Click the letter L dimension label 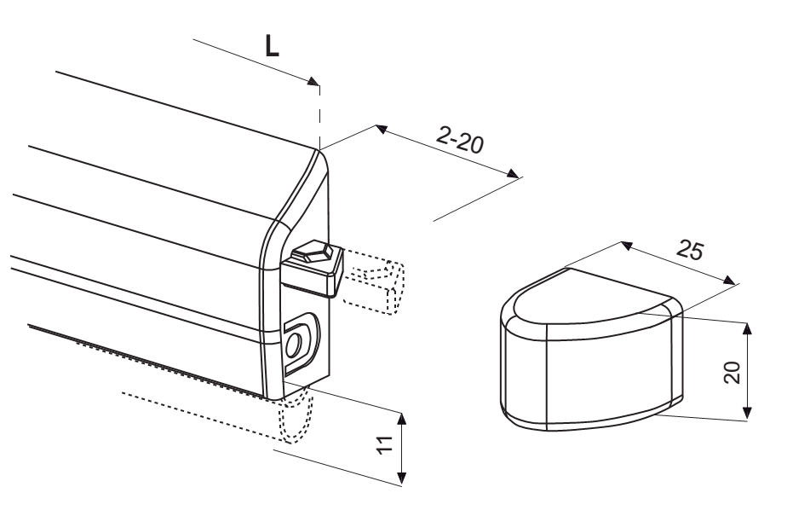click(x=272, y=46)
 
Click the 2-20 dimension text click(x=460, y=140)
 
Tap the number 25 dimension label click(x=690, y=249)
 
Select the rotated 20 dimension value click(x=733, y=372)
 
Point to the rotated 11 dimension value click(x=385, y=445)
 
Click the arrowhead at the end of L click(x=313, y=81)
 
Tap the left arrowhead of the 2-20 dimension click(x=382, y=129)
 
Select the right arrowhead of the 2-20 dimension click(x=513, y=174)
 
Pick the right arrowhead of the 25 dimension click(x=730, y=281)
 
